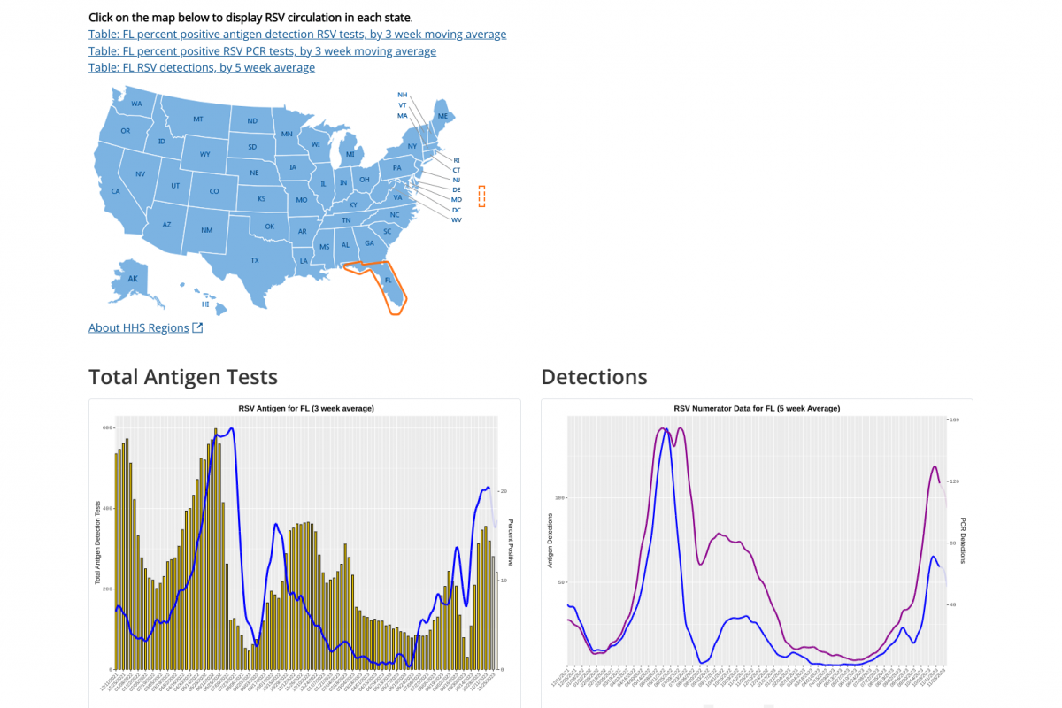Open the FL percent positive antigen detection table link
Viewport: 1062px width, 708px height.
tap(297, 35)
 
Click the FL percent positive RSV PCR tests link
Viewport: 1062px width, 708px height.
tap(262, 51)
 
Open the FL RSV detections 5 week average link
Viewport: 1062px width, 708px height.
tap(202, 67)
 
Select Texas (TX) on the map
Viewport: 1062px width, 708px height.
tap(255, 260)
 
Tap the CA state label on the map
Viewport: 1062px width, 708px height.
tap(115, 191)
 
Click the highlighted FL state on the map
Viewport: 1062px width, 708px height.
tap(388, 280)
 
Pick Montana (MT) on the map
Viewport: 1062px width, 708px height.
tap(198, 119)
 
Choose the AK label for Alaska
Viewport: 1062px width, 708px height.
tap(133, 279)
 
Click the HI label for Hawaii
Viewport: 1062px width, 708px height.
tap(205, 304)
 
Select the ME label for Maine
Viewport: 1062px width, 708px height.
tap(442, 116)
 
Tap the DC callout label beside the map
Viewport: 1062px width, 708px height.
tap(457, 210)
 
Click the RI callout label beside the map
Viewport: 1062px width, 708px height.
tap(457, 160)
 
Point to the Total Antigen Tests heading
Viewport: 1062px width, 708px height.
tap(183, 377)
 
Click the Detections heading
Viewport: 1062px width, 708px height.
tap(594, 377)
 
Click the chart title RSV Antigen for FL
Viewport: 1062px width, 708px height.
tap(306, 408)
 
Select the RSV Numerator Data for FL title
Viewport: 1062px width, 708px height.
tap(757, 408)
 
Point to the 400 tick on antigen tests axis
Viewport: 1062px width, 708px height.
tap(107, 509)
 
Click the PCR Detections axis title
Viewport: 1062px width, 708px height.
tap(963, 540)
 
